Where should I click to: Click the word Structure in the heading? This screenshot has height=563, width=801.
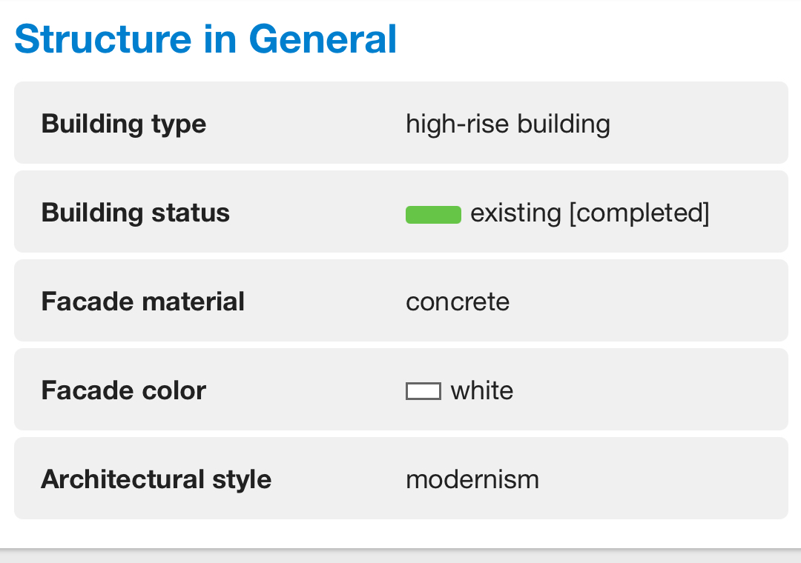[103, 39]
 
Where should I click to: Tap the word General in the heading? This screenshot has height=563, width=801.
[323, 39]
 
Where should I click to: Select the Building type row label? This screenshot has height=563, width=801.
[124, 124]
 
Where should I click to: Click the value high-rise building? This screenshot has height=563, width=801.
[508, 124]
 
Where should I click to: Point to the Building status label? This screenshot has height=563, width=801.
[136, 213]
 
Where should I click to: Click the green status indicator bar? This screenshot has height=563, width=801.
[433, 214]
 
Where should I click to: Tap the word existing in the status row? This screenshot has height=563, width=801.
[515, 213]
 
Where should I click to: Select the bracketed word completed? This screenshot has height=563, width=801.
[639, 213]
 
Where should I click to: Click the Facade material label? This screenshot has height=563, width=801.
[143, 302]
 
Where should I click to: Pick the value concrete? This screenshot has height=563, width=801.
[458, 302]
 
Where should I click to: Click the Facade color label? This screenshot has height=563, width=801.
[124, 390]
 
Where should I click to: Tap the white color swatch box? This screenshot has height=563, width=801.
[423, 391]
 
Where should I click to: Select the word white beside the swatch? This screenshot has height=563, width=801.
[482, 390]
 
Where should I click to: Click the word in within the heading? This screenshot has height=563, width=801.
[220, 39]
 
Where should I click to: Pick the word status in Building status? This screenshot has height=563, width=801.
[191, 213]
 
